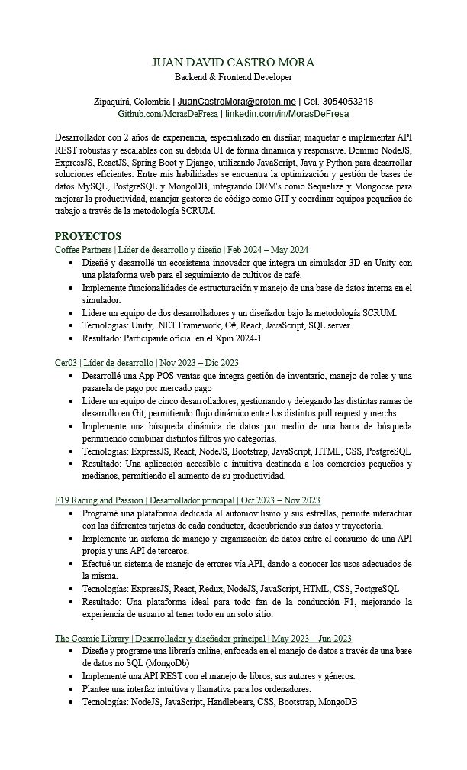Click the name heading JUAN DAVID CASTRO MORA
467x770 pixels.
tap(233, 63)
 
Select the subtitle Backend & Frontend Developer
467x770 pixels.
tap(233, 77)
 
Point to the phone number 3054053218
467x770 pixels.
tap(346, 102)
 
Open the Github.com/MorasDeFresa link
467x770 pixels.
tap(168, 114)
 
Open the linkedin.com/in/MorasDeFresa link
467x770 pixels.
tap(287, 114)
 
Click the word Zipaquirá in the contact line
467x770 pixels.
tap(115, 102)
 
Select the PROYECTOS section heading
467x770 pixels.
tap(88, 237)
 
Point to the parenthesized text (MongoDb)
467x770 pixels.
tap(167, 663)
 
